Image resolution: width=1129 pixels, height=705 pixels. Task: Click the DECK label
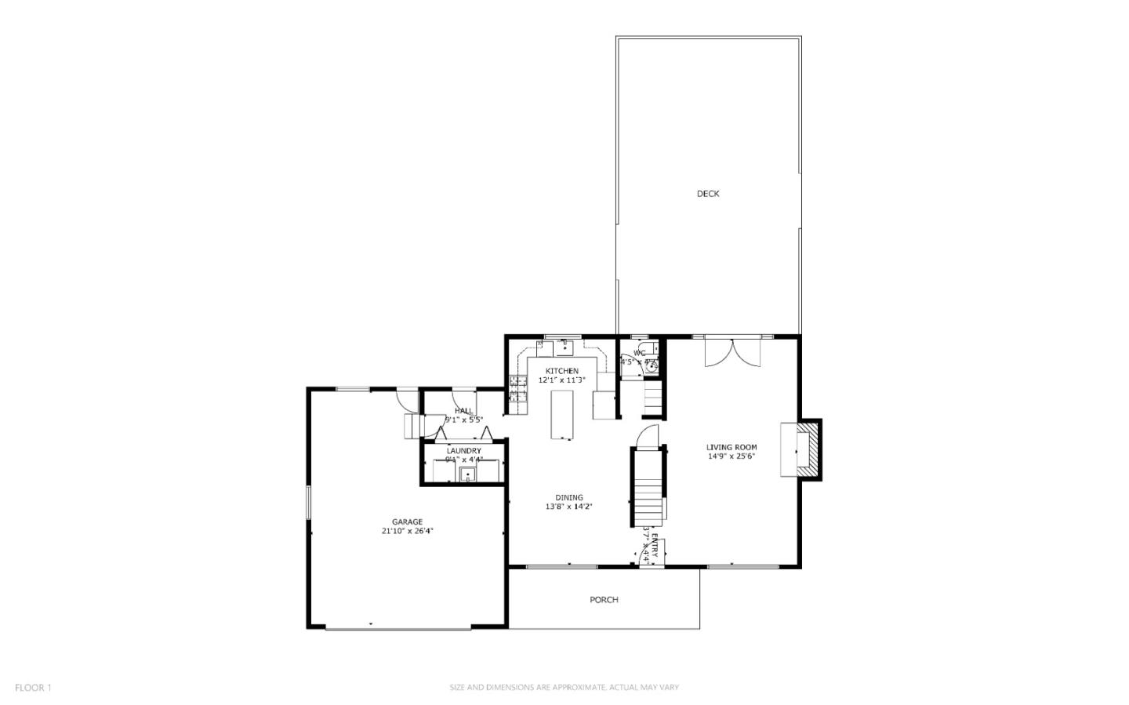(708, 194)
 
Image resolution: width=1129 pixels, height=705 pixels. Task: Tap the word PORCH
(604, 600)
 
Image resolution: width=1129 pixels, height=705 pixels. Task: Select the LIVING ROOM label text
(731, 447)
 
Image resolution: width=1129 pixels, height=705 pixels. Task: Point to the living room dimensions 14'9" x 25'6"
(731, 456)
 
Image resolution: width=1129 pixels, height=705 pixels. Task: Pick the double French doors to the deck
(733, 352)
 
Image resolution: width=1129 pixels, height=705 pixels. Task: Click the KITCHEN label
(562, 371)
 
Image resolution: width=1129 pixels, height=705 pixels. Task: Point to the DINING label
(569, 498)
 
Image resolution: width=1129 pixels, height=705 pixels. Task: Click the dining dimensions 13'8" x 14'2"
(569, 507)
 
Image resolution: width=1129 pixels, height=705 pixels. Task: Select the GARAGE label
(408, 522)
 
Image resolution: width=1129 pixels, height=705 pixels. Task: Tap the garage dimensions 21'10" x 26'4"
(408, 531)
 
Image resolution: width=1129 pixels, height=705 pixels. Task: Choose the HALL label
(464, 411)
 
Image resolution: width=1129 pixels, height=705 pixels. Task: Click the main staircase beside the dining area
(648, 486)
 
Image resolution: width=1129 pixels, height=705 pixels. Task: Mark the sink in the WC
(652, 363)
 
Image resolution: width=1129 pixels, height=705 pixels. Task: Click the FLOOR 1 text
(33, 688)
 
